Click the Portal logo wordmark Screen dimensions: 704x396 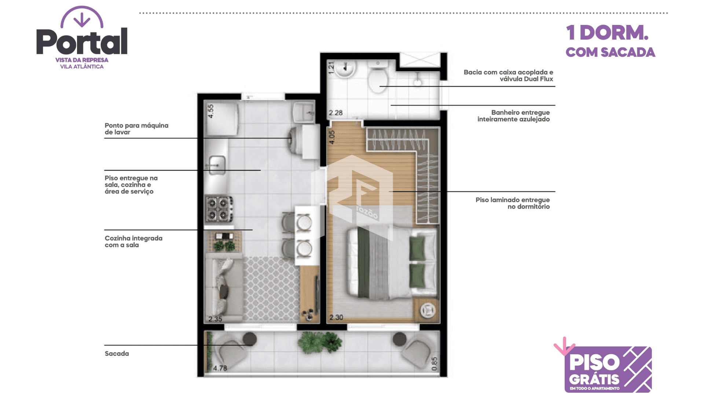(82, 41)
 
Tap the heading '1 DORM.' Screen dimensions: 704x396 (607, 33)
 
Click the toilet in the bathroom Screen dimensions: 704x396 (378, 77)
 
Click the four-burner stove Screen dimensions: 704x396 (219, 209)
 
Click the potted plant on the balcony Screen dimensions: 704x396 (320, 342)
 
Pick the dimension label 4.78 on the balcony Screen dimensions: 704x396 (220, 368)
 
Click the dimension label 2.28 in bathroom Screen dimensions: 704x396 (335, 113)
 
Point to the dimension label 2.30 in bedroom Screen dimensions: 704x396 (336, 317)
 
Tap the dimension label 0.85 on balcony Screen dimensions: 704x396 (434, 364)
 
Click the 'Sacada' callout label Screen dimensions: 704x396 (117, 353)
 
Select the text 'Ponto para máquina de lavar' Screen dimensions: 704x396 (136, 129)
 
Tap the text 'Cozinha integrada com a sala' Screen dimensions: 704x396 (133, 242)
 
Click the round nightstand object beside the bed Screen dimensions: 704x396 (428, 311)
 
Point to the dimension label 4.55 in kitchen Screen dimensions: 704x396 (210, 111)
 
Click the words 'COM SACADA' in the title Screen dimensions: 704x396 (610, 52)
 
